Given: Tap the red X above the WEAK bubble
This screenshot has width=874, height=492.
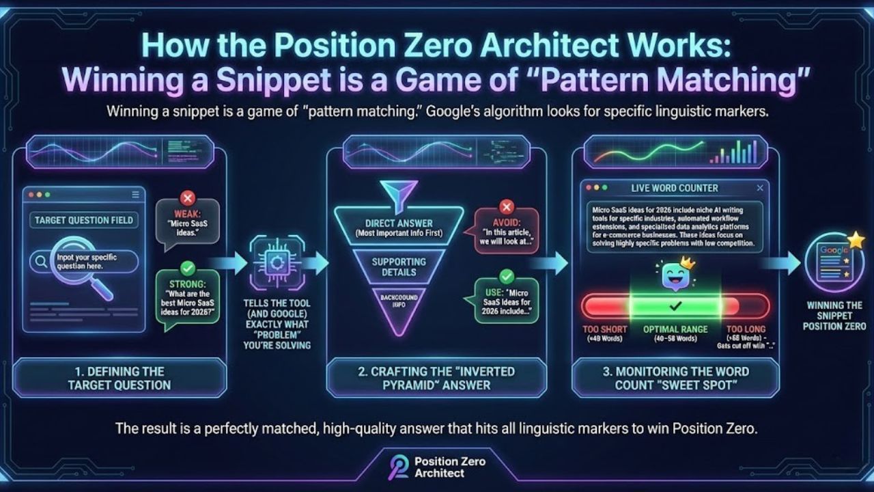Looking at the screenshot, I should click(187, 199).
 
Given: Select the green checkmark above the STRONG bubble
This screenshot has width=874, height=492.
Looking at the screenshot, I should click(188, 269).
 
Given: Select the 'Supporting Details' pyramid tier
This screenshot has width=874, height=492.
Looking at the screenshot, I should click(399, 266).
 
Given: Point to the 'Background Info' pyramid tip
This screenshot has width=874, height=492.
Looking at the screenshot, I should click(399, 301).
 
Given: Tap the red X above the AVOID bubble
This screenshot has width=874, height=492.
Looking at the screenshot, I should click(506, 206).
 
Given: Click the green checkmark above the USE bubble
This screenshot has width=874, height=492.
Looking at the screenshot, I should click(506, 276).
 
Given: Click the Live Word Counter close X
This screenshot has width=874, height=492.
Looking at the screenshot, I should click(760, 188).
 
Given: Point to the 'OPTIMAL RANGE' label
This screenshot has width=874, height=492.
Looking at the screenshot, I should click(675, 329).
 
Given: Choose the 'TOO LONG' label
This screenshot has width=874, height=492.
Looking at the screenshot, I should click(746, 329).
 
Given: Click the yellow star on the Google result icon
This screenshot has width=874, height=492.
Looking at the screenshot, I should click(856, 241).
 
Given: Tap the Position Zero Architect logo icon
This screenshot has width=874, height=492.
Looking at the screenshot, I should click(398, 467).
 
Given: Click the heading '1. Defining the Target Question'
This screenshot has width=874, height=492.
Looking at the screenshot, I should click(119, 378).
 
